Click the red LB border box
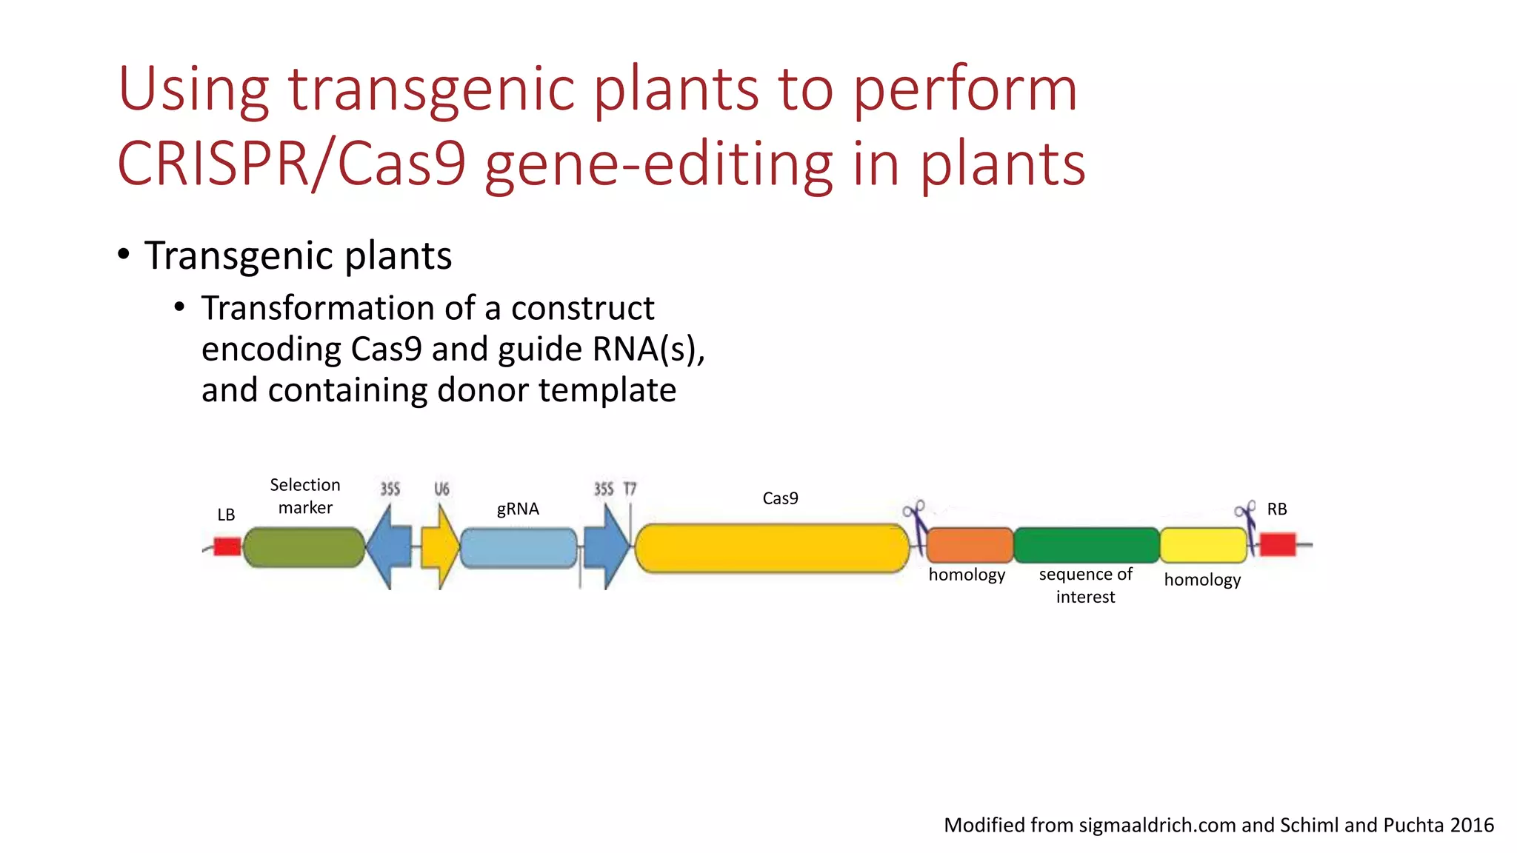pos(227,547)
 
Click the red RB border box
pos(1278,544)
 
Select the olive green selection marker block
pos(304,548)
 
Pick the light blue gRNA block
pos(519,548)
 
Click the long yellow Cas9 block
pos(772,548)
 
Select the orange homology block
pos(969,546)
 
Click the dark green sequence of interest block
pos(1086,546)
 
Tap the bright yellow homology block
pos(1203,546)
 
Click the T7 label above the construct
pos(630,489)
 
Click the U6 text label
pos(441,489)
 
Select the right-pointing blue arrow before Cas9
pos(607,548)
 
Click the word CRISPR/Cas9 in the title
pos(292,164)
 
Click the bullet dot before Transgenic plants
pos(124,255)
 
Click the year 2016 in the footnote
pos(1472,825)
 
